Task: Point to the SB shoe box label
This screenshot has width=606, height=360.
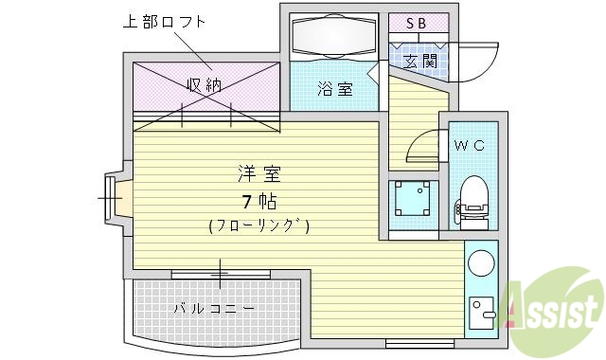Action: pos(416,23)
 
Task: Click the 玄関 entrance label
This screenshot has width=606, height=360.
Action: pos(419,62)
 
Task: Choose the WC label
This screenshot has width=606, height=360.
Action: pos(469,145)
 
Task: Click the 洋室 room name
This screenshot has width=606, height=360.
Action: pos(258,173)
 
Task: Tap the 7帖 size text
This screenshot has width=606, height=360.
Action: pos(258,201)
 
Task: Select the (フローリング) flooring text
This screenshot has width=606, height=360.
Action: pos(258,226)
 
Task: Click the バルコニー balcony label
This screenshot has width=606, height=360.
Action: pos(213,309)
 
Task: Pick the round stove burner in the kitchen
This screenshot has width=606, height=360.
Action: pos(482,261)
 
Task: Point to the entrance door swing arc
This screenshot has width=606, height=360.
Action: pos(485,59)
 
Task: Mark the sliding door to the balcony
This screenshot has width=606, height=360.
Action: pos(218,276)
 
